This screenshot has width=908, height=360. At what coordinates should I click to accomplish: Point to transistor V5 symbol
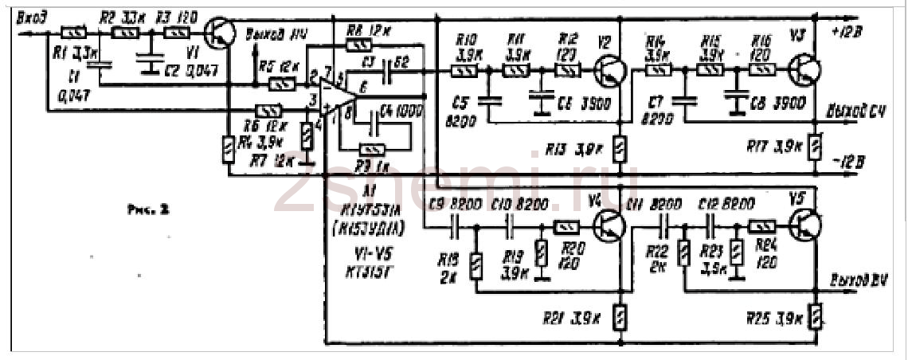point(805,226)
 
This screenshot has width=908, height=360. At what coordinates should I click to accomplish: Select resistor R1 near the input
point(73,33)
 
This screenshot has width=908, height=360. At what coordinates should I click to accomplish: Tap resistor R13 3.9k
point(620,147)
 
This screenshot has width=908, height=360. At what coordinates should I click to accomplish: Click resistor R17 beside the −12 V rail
point(814,147)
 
